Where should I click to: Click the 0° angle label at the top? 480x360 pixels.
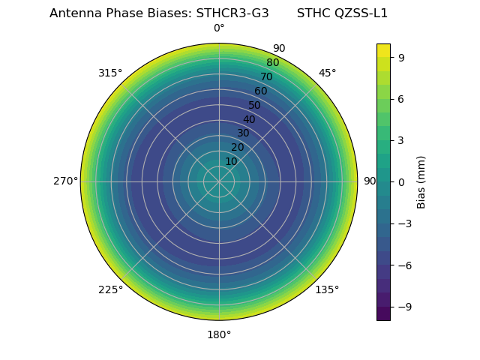click(219, 28)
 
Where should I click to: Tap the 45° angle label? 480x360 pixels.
click(328, 73)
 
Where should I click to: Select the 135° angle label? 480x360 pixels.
click(327, 289)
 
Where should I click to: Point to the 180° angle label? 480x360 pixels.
click(219, 334)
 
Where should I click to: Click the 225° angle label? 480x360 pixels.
click(110, 289)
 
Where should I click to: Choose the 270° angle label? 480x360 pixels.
click(65, 181)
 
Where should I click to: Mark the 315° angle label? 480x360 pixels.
click(110, 73)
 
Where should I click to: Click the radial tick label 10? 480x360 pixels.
click(231, 161)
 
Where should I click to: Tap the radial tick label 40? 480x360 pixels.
click(249, 119)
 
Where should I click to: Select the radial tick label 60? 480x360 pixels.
click(260, 91)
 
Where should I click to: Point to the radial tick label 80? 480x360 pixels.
click(272, 63)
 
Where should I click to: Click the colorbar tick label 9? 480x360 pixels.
click(402, 57)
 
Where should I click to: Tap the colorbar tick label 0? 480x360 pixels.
click(402, 181)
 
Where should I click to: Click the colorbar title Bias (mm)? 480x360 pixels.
click(421, 181)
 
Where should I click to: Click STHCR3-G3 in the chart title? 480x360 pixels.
click(232, 13)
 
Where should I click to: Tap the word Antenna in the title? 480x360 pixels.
click(72, 13)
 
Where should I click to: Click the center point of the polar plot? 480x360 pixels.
click(219, 181)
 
